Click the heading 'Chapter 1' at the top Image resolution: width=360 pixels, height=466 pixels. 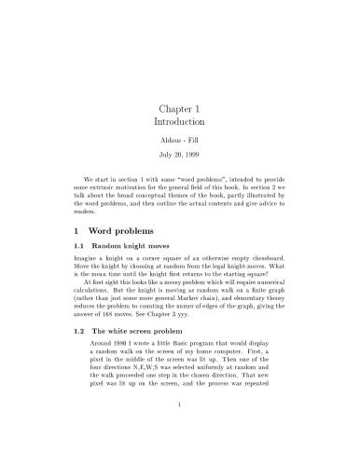coord(180,108)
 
